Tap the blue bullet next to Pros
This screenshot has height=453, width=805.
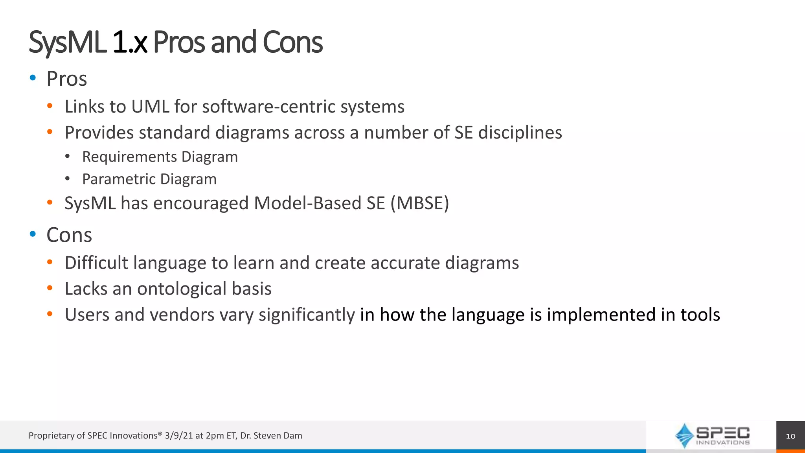coord(33,77)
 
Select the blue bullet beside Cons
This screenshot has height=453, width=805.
coord(33,234)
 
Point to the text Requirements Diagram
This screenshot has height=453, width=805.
coord(160,157)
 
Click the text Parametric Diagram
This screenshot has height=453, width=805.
coord(149,179)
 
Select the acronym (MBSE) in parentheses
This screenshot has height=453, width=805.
coord(419,203)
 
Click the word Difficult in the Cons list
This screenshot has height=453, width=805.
coord(96,263)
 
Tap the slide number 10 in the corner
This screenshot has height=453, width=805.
coord(790,436)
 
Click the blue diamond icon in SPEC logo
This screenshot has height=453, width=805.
coord(684,435)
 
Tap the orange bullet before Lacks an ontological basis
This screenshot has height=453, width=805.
coord(50,288)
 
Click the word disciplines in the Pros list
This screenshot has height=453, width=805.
coord(520,133)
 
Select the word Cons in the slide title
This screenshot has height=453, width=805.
coord(292,42)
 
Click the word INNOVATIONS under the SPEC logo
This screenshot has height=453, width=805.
coord(722,443)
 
